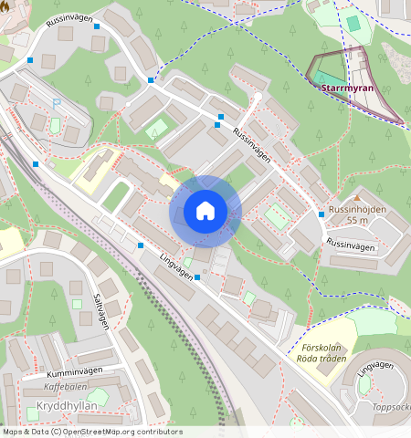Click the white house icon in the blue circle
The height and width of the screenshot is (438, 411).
coord(205,211)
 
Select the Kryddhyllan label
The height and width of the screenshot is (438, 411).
coord(66,405)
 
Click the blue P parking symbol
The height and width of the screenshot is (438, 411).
coord(56,105)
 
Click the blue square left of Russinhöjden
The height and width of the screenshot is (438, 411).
coord(321,214)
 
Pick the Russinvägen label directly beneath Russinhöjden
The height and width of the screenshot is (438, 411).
coord(350,246)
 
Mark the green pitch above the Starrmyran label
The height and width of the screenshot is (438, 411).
coord(353,23)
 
